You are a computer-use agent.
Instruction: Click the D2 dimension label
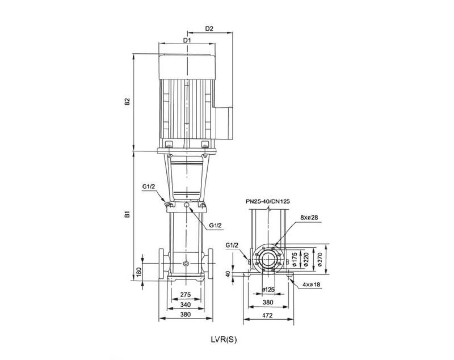point(209,28)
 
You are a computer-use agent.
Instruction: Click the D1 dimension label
point(187,40)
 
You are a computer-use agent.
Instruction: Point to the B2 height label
point(127,102)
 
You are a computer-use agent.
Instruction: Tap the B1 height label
point(127,214)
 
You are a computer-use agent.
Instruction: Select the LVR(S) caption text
point(224,340)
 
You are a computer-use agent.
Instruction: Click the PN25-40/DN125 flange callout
point(267,201)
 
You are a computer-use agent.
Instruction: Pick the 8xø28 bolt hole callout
point(309,218)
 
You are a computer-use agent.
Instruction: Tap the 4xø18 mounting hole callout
point(311,285)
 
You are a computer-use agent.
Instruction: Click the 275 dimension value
point(186,295)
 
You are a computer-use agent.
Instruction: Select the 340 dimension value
point(186,304)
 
